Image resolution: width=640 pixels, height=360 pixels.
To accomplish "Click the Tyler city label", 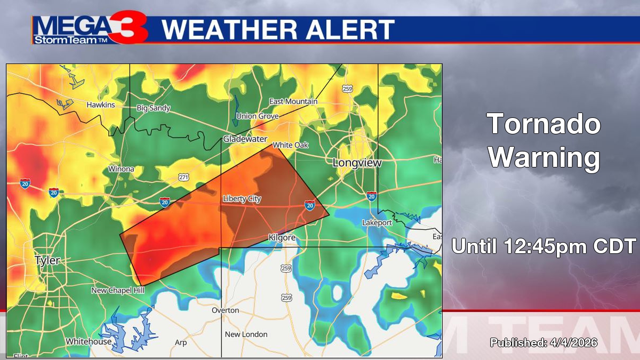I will pos(47,261).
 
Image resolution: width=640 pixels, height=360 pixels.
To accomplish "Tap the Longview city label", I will pos(357,163).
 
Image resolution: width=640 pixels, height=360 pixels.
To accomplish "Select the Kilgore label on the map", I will pos(282,237).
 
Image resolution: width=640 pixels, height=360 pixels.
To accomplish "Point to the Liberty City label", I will pos(242,199).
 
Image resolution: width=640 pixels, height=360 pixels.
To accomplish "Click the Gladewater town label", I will pos(245,139).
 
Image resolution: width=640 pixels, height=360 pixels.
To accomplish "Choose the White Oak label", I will pos(291,145).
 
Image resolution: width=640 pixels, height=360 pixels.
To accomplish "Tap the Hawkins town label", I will pos(101,105).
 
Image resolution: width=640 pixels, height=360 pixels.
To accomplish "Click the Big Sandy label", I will pos(154,108).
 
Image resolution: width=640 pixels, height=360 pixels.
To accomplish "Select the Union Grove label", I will pos(258,116).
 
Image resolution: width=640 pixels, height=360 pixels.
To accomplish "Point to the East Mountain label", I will pos(293,102).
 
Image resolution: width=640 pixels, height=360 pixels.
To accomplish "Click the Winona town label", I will pos(121,169).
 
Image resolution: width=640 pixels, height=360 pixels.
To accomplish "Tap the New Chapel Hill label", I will pos(118,291).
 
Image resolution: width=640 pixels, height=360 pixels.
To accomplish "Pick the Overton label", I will pos(226,310).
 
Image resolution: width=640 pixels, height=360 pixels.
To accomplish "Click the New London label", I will pos(246,334).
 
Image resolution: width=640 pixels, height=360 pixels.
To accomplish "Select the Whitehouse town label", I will pos(89,341).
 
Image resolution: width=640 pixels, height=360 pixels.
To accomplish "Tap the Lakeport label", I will pos(377,222).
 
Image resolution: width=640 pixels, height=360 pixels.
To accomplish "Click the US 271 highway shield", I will pos(183,177).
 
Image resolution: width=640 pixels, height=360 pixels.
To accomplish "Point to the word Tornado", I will pos(544,124).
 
